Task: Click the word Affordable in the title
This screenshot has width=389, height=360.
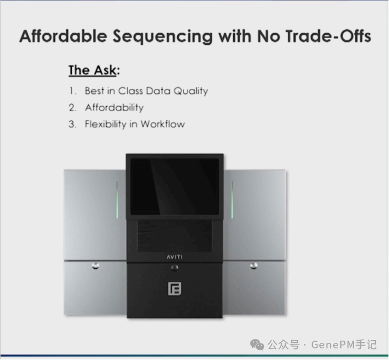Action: [x=63, y=36]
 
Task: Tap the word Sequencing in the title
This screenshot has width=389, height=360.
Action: [x=162, y=36]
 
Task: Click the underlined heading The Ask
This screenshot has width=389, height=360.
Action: [x=92, y=70]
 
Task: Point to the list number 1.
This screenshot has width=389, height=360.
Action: [x=72, y=91]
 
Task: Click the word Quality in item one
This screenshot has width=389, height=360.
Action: [x=191, y=91]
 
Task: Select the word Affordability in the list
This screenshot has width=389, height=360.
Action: [x=114, y=108]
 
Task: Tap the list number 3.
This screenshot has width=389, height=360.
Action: [x=72, y=124]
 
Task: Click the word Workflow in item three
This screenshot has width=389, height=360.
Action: [x=163, y=124]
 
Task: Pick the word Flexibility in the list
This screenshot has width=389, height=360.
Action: [x=106, y=124]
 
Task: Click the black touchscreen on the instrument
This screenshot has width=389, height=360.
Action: [x=175, y=187]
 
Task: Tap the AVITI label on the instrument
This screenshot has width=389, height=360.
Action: [x=175, y=257]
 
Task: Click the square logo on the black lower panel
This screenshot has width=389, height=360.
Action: [x=175, y=289]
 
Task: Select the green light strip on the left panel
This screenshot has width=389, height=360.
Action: [x=117, y=200]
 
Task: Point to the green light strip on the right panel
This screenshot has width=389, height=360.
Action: [x=232, y=200]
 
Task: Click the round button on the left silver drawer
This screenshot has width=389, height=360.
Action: [x=96, y=266]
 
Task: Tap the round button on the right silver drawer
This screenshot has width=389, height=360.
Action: [x=254, y=266]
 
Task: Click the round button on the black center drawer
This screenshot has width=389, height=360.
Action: [x=175, y=268]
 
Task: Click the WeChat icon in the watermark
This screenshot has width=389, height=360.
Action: [x=257, y=345]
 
